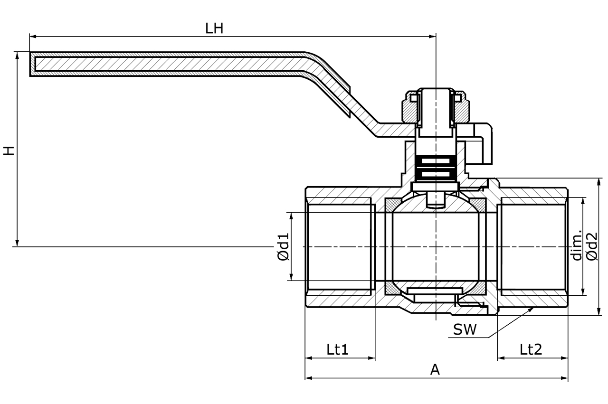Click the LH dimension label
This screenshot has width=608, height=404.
(214, 28)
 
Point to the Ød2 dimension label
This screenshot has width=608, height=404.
(592, 246)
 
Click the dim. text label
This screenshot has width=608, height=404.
(577, 246)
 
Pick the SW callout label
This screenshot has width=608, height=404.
(465, 330)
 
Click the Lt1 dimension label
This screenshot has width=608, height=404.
(338, 350)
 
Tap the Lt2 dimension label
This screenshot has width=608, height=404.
(531, 350)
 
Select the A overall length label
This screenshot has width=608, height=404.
(435, 370)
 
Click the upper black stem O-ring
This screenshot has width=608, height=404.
(436, 161)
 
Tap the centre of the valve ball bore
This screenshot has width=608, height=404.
(436, 247)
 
